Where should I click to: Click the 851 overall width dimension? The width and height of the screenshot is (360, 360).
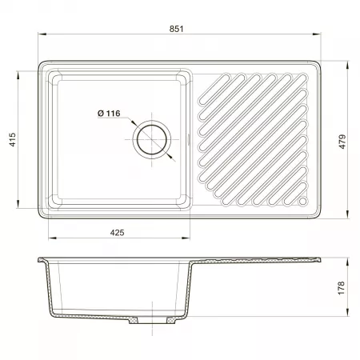coord(176,29)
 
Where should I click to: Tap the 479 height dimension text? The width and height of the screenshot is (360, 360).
coord(342,142)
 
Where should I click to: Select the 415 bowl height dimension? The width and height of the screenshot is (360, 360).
coord(13,139)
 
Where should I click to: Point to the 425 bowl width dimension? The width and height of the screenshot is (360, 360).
coord(117,233)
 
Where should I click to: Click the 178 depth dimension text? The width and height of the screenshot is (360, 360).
coord(341,288)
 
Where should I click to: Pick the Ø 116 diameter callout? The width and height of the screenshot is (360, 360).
coord(109,114)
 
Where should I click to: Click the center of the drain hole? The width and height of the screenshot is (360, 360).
coord(152,139)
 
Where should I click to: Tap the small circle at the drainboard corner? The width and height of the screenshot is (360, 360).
coord(302,201)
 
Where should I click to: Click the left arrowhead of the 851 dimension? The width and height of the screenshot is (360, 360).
coord(42,34)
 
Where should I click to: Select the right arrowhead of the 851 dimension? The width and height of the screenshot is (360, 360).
coord(317,34)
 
